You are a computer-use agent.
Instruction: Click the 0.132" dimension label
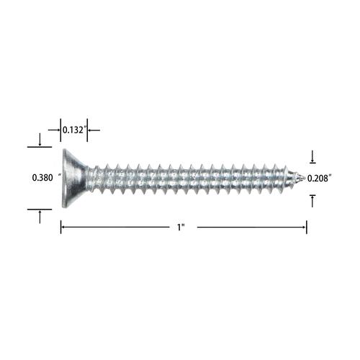pyautogui.click(x=74, y=130)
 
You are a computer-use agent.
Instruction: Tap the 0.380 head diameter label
pyautogui.click(x=42, y=178)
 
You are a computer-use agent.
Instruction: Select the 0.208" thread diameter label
pyautogui.click(x=320, y=179)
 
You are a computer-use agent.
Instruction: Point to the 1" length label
pyautogui.click(x=181, y=227)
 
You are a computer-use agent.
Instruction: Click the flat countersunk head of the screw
pyautogui.click(x=72, y=178)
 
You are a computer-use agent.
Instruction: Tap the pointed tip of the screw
pyautogui.click(x=305, y=178)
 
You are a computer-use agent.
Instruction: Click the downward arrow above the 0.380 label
pyautogui.click(x=40, y=140)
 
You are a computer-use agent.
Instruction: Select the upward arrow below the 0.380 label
pyautogui.click(x=40, y=217)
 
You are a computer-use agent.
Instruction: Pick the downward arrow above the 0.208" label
pyautogui.click(x=312, y=156)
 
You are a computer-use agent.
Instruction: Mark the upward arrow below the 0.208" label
pyautogui.click(x=312, y=201)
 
